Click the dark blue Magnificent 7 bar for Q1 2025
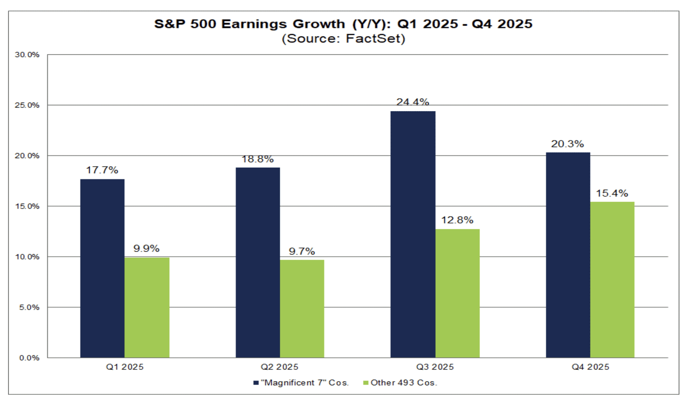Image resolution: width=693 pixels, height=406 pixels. [102, 268]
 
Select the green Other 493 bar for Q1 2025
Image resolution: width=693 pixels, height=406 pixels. [147, 308]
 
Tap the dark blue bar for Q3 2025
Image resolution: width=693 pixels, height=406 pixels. [413, 234]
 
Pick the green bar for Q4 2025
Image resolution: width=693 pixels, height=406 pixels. [612, 280]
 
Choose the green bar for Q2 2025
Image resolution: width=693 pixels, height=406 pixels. [302, 308]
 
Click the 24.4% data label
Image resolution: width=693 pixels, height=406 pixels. [412, 102]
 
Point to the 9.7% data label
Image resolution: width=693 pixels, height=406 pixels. [302, 251]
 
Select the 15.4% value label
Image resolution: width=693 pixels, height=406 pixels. [612, 193]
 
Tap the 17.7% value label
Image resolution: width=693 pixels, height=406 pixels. [102, 170]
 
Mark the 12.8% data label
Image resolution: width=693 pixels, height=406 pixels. [457, 220]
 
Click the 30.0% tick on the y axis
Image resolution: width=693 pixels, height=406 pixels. [27, 55]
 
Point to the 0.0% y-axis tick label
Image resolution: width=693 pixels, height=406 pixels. [29, 358]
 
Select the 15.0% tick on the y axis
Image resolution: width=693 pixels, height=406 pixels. [27, 206]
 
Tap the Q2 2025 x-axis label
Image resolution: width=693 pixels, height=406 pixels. [279, 367]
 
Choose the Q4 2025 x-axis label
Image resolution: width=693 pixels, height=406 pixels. [590, 367]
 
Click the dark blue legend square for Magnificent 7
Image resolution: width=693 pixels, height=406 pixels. [256, 383]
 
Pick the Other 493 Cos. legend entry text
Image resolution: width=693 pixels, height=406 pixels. [404, 383]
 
